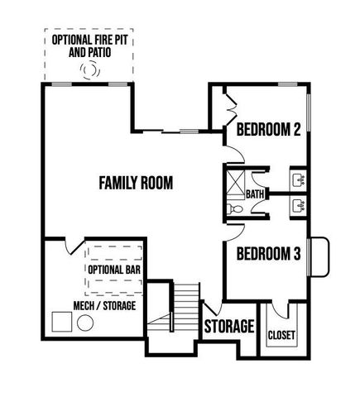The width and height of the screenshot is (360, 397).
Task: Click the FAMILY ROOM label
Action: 136,183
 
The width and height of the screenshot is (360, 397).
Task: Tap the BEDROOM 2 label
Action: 267,130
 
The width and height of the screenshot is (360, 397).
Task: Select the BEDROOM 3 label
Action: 267,255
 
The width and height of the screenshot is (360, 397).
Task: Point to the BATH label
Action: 255,194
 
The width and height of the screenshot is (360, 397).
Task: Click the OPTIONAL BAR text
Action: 114,269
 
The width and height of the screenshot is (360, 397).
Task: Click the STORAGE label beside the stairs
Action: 228,327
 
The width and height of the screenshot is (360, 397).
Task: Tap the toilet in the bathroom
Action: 236,211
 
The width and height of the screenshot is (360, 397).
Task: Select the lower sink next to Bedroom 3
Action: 298,204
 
